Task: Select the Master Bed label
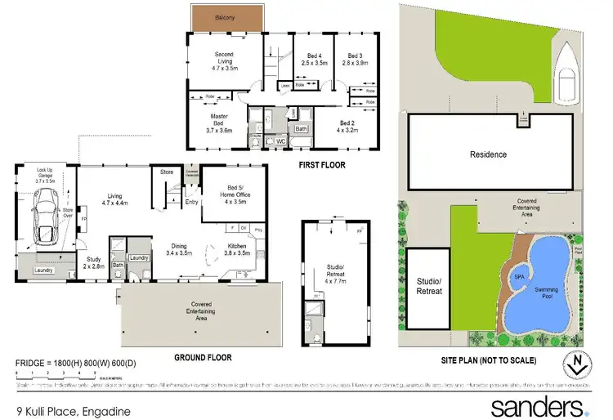(219, 123)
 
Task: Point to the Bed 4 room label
(314, 57)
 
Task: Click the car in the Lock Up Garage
(46, 220)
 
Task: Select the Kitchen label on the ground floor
(235, 249)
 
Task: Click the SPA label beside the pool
(519, 276)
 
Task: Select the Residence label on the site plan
(488, 154)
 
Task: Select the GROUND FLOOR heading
(201, 357)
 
